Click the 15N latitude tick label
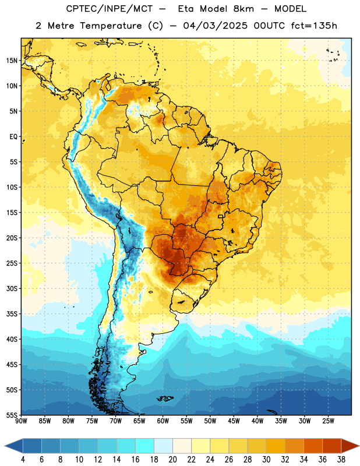12,61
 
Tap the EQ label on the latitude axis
13,137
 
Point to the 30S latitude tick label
12,288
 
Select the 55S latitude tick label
12,415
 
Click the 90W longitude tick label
21,421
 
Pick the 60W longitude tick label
163,421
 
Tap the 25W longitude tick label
329,421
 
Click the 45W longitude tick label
234,421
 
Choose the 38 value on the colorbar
341,460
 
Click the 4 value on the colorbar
23,460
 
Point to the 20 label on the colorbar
172,460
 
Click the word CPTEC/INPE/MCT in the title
110,9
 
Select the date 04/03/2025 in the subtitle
215,26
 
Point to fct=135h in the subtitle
314,26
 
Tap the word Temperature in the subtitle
111,26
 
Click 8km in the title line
243,9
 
